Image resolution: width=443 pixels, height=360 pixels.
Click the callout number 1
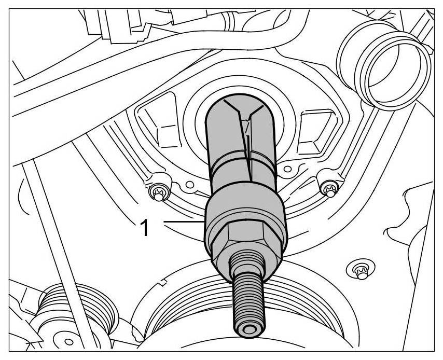[x=144, y=228]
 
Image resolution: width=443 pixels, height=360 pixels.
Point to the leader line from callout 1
[x=184, y=222]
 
